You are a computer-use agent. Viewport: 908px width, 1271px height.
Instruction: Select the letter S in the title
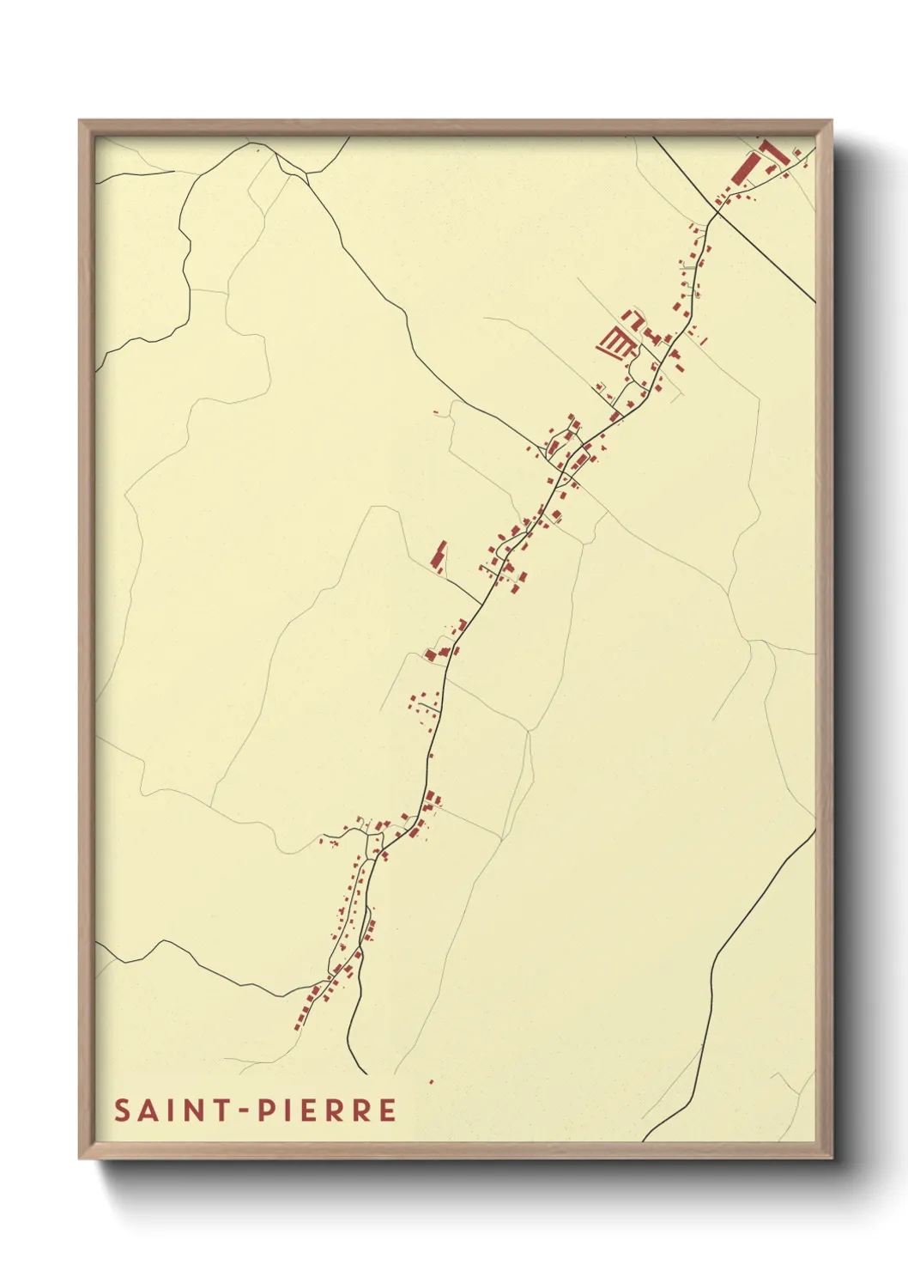pos(122,1110)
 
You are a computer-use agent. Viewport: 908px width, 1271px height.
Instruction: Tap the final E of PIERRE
pos(388,1110)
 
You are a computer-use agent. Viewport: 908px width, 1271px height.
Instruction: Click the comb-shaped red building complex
pos(616,343)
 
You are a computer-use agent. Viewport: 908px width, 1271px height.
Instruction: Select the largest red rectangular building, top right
pos(743,167)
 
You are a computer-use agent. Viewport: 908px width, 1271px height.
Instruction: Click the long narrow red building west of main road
pos(439,556)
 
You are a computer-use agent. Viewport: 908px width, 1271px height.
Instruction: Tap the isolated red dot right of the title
pos(431,1081)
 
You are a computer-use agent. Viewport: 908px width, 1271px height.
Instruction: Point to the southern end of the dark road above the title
pos(366,1073)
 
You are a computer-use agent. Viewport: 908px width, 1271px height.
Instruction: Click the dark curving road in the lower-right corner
pos(721,945)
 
